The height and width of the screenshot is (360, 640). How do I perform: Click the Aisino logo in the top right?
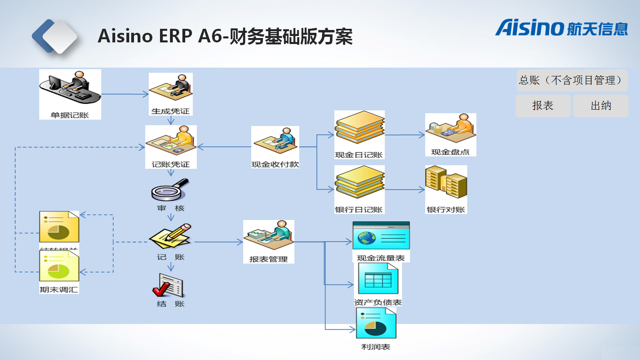coord(561,28)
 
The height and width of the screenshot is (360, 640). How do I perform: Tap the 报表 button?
coord(543,106)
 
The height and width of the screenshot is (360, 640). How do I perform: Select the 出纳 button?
coord(601,106)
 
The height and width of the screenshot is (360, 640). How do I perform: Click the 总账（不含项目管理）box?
coord(572,80)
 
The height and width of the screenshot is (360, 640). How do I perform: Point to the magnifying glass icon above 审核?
coord(170,190)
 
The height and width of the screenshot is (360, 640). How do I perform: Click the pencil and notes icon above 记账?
coord(171,237)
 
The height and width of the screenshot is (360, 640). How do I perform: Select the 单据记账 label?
coord(70,115)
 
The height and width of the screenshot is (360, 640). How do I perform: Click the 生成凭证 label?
coord(170,111)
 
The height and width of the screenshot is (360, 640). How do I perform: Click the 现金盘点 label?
coord(450,152)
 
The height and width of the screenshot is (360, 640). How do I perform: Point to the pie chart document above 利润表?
coord(376,324)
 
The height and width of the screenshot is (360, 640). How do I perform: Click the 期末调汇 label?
coord(59,289)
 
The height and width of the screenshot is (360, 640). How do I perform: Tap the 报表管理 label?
coord(268,259)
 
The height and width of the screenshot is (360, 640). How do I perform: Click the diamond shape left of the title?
coord(55,36)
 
